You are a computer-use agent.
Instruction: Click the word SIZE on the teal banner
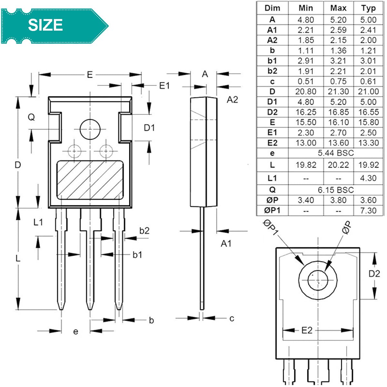45,25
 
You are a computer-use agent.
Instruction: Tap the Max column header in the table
338,8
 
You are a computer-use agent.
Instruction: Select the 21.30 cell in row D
338,92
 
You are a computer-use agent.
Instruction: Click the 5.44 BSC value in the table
336,153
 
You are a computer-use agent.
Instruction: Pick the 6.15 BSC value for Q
336,190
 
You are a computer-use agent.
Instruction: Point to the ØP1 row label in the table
272,210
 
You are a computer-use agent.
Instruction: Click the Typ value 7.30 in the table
368,211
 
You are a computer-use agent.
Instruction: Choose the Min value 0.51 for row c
306,81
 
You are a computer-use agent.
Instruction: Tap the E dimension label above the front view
90,75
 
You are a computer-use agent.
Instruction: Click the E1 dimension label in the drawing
164,86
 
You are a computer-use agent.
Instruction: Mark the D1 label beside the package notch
149,128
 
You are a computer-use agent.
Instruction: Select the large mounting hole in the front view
90,129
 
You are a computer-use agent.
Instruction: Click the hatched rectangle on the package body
90,180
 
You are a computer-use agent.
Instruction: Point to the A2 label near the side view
232,100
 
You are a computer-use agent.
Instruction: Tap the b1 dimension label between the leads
137,255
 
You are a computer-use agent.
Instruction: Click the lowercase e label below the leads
75,332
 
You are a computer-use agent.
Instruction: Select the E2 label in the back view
307,330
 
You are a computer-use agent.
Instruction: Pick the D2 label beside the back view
374,274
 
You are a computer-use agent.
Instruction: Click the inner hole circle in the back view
318,280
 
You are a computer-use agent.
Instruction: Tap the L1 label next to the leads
38,222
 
